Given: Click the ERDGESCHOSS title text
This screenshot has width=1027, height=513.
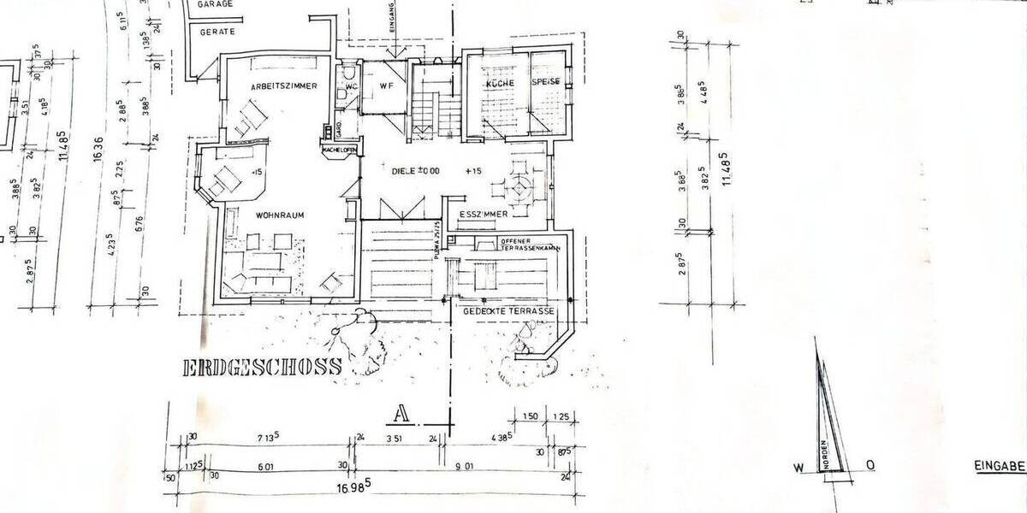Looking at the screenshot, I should [x=262, y=368].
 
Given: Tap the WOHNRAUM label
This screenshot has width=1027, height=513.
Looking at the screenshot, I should [x=279, y=215].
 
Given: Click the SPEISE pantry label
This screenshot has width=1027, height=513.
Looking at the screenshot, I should [x=547, y=81].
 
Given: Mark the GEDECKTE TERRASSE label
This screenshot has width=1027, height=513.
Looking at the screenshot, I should [x=508, y=312].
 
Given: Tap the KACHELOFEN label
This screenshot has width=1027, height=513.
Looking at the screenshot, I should [x=339, y=150].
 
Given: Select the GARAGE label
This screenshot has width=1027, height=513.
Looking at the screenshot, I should [x=217, y=4].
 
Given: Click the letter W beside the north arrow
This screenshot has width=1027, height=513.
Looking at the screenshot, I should [x=797, y=466].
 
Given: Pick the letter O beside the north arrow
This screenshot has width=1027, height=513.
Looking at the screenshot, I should [x=870, y=465].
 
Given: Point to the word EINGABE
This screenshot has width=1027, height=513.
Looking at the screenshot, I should [x=1000, y=467].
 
